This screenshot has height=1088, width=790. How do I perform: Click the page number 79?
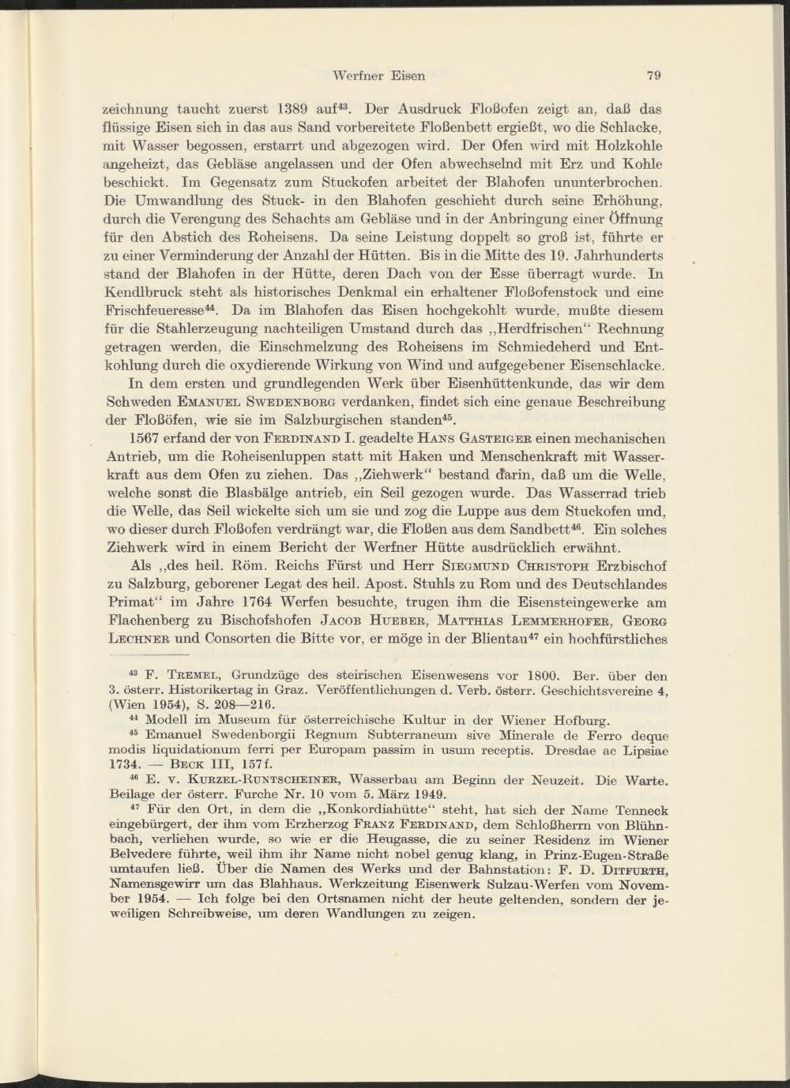coord(653,76)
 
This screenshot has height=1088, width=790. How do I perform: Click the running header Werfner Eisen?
coord(379,76)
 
